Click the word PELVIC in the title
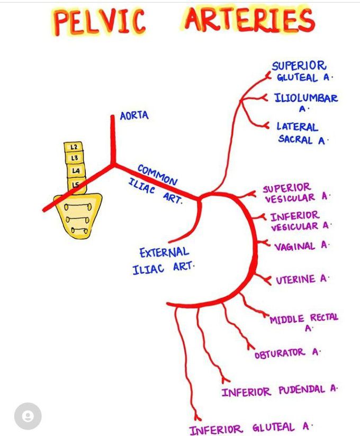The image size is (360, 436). point(100,23)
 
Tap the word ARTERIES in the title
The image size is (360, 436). point(249,21)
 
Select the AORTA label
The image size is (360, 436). point(134,116)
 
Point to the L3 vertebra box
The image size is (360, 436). point(75,158)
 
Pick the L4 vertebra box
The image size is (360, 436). point(76,171)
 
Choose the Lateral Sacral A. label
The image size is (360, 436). point(301,133)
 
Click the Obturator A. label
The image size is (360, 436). point(287,353)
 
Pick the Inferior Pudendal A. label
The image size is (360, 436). point(279,391)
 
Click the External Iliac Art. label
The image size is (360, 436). point(163,260)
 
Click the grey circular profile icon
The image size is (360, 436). point(28,416)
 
